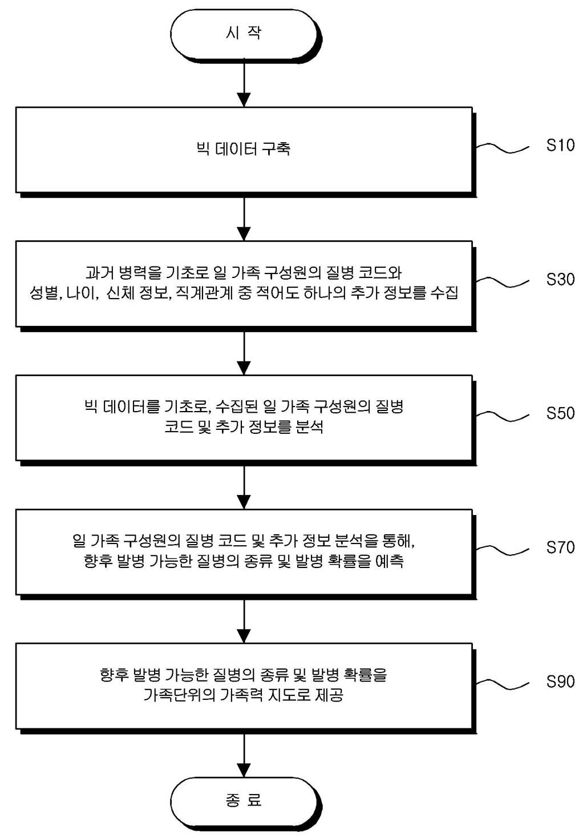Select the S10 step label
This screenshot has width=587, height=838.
pos(560,145)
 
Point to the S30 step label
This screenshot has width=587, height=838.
pos(560,280)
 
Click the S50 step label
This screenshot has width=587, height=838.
pos(560,413)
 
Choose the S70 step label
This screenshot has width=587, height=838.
pos(560,547)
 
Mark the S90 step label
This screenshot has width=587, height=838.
pos(560,681)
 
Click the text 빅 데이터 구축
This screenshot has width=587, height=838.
pos(244,149)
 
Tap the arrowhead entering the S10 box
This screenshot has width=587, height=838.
pos(244,100)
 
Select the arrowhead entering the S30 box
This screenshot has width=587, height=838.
pos(244,234)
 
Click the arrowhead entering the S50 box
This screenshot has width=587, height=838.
pos(244,368)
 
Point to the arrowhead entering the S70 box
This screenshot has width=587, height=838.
pos(244,502)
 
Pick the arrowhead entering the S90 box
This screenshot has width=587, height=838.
pos(244,635)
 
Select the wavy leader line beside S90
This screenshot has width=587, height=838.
pos(502,684)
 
